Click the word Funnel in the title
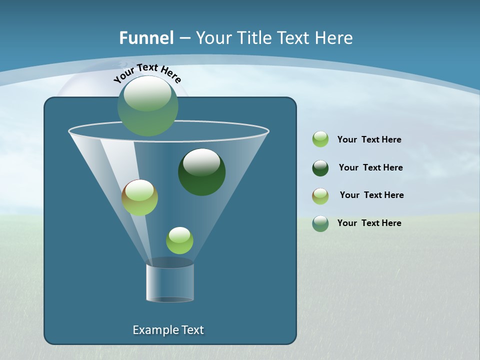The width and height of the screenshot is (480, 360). click(x=146, y=37)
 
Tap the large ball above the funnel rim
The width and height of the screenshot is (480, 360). click(x=148, y=105)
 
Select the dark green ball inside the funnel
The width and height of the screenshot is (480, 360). click(x=202, y=172)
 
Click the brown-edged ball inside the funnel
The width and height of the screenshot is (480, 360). click(x=140, y=197)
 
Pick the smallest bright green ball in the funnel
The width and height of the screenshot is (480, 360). click(x=179, y=240)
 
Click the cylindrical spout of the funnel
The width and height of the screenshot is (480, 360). click(x=170, y=282)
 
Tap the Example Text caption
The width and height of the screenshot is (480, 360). click(x=168, y=330)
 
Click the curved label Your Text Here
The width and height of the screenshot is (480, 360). click(x=147, y=72)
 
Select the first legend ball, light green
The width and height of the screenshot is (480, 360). click(x=320, y=139)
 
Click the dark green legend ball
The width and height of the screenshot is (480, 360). click(x=320, y=168)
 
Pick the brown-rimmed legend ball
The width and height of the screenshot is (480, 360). click(x=320, y=196)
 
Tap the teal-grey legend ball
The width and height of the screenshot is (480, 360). click(x=320, y=223)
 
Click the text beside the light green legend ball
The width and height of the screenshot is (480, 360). click(x=369, y=139)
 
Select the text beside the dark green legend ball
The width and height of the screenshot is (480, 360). click(x=370, y=167)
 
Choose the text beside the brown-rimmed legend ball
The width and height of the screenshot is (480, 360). click(x=371, y=195)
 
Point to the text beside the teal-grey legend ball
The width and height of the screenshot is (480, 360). click(x=369, y=223)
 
